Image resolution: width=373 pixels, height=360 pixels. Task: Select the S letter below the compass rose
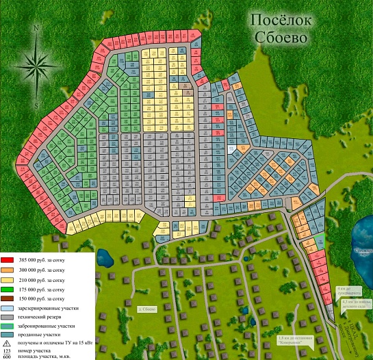pos(36,107)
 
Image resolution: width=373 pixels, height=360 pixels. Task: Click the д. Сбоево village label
pos(148,310)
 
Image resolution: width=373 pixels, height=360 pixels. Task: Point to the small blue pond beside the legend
pos(104,258)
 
